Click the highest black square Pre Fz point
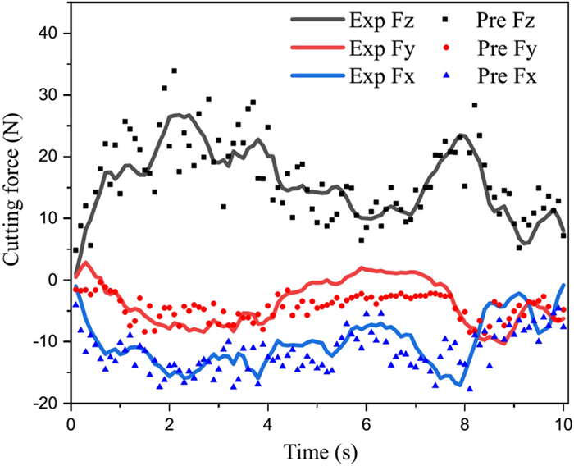click(x=175, y=71)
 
